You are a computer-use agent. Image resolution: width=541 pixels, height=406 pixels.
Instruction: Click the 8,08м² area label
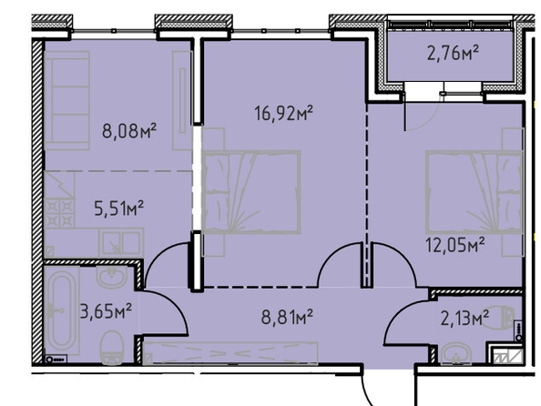point(129,131)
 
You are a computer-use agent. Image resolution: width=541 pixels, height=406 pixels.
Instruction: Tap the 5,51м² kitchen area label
point(119,208)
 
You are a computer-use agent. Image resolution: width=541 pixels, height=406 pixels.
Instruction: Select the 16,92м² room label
point(283,113)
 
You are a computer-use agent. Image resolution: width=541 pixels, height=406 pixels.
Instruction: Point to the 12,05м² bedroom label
point(455,245)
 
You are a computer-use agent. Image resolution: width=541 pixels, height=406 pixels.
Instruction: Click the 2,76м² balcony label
point(453,53)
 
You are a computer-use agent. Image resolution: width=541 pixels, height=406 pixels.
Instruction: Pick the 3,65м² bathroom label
point(106,311)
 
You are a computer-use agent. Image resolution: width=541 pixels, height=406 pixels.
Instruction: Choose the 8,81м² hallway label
point(287,317)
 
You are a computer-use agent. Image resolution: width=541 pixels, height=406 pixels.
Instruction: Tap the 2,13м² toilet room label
point(464,318)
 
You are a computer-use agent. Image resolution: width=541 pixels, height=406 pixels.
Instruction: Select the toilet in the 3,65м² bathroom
point(111,348)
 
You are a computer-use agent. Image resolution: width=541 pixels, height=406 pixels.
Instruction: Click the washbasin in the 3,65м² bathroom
point(111,277)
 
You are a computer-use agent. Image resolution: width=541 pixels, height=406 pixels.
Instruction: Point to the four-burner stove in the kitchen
point(59,213)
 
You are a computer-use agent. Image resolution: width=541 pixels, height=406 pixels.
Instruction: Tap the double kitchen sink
point(120,242)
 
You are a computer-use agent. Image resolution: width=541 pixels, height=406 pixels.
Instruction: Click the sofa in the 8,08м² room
point(66,100)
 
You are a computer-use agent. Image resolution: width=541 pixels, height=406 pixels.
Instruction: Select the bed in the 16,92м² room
point(250,192)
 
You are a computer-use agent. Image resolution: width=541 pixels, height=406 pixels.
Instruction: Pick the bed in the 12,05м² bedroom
point(475,192)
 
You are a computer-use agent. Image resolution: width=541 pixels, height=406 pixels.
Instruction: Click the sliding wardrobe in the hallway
point(230,353)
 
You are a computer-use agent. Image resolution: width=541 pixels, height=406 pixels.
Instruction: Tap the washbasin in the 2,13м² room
point(457,353)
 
